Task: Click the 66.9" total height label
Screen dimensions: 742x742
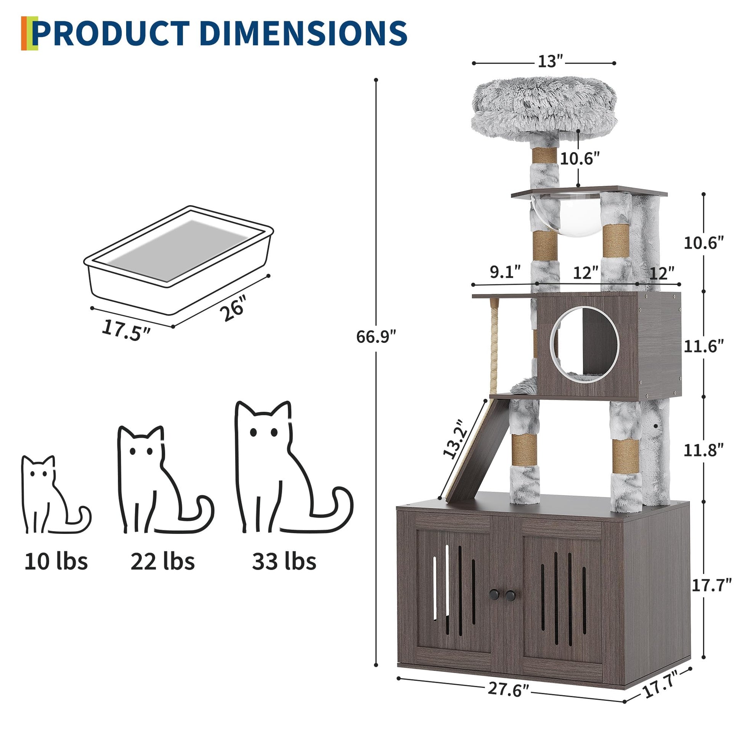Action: (x=375, y=337)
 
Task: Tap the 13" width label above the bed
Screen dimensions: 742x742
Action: (x=550, y=62)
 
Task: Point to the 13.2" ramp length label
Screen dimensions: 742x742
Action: (x=456, y=439)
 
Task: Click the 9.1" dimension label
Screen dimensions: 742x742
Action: (x=505, y=272)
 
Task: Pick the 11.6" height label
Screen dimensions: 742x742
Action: (x=703, y=347)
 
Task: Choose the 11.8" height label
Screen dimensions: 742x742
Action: (x=703, y=450)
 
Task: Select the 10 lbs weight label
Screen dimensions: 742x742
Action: (x=56, y=562)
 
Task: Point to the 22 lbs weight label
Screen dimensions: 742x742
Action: (x=162, y=562)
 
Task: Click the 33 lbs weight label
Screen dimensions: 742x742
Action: (x=284, y=562)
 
